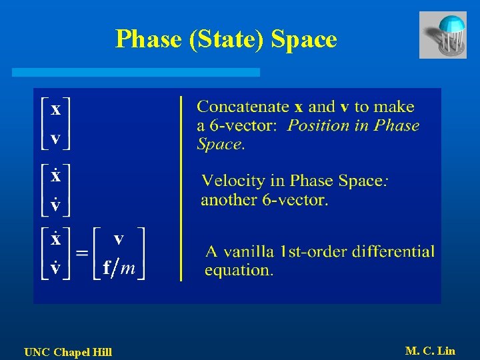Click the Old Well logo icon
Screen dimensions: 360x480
(443, 35)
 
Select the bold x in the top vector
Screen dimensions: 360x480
(56, 109)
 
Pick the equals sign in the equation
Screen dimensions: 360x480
(81, 254)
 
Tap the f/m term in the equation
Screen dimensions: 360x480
(119, 268)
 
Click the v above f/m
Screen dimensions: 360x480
(119, 239)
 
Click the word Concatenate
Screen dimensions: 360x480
(243, 107)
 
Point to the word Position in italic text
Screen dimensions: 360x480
(315, 125)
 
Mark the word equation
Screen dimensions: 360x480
(238, 270)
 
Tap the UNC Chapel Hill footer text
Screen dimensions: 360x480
(68, 352)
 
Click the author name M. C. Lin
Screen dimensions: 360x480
(430, 351)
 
